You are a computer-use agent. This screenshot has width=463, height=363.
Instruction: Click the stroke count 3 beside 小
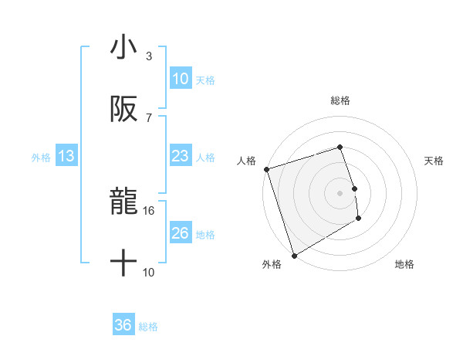[x=148, y=56]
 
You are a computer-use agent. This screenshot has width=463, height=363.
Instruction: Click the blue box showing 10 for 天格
[x=180, y=79]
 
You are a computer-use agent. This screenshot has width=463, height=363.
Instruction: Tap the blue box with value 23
[x=180, y=157]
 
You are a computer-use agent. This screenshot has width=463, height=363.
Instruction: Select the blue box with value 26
[x=180, y=234]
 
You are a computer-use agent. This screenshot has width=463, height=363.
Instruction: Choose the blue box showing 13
[x=66, y=157]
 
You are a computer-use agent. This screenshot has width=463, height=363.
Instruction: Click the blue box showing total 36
[x=123, y=326]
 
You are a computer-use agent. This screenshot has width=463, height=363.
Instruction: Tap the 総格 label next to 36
[x=148, y=327]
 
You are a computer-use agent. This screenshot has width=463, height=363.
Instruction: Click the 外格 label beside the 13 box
[x=41, y=158]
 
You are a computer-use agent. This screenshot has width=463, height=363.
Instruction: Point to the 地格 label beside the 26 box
[x=205, y=235]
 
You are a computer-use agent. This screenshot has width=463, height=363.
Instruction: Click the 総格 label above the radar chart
[x=340, y=100]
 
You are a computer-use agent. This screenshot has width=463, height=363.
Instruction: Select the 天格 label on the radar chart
[x=434, y=161]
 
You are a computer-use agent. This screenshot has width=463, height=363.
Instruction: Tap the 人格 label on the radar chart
[x=246, y=161]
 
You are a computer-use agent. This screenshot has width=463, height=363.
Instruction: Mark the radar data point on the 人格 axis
[x=266, y=169]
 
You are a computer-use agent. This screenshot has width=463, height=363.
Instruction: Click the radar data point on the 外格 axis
[x=294, y=255]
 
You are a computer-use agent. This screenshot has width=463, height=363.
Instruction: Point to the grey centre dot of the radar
[x=340, y=192]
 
